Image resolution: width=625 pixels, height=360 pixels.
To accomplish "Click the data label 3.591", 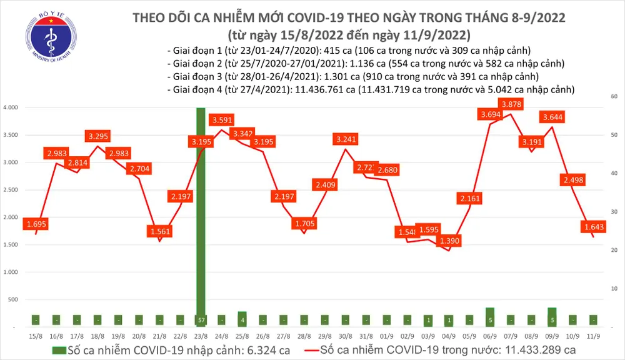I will (x=222, y=119).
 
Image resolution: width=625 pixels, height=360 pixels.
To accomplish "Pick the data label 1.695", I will (x=36, y=223).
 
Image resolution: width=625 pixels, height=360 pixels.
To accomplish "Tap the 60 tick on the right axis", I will (x=614, y=96).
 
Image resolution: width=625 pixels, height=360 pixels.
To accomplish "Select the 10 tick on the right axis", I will (x=614, y=289).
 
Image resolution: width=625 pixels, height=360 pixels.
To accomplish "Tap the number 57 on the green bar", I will (x=201, y=320).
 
